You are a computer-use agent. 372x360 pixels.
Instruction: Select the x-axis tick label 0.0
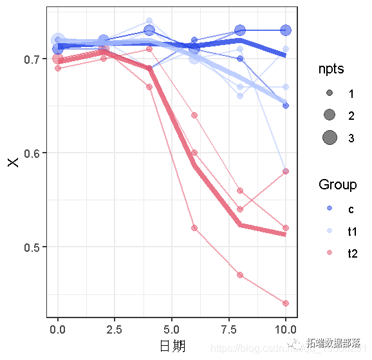click(x=58, y=328)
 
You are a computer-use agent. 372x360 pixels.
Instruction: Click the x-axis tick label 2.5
click(x=115, y=328)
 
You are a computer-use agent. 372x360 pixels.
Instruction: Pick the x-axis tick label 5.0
click(x=172, y=328)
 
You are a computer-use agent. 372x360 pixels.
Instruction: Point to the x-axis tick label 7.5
click(x=228, y=328)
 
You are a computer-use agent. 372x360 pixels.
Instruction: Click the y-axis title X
click(x=13, y=161)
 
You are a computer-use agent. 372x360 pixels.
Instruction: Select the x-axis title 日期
click(x=172, y=346)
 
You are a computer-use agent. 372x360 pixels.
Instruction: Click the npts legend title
click(x=331, y=69)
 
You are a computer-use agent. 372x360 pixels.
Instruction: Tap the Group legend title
click(x=337, y=185)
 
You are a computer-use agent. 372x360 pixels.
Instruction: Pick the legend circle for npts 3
click(x=330, y=137)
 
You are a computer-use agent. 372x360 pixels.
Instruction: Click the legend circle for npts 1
click(x=330, y=93)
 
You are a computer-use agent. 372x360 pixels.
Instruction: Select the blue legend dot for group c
click(x=330, y=209)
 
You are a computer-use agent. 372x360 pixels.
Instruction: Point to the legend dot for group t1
click(x=330, y=231)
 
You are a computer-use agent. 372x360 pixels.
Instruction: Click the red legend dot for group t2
click(x=330, y=254)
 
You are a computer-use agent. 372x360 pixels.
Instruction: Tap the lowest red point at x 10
click(x=286, y=303)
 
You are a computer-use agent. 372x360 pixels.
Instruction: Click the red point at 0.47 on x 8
click(x=240, y=275)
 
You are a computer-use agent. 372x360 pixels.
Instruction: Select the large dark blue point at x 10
click(x=286, y=30)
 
